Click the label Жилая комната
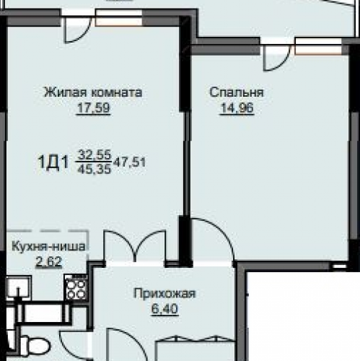(93, 92)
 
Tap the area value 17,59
(93, 108)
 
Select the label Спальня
(237, 92)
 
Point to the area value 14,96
(237, 108)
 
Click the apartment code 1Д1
(53, 162)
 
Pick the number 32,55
(95, 155)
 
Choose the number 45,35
(94, 169)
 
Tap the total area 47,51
(130, 162)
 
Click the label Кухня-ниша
(48, 247)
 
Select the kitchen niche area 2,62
(49, 261)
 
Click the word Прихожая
(165, 294)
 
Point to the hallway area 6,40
(164, 308)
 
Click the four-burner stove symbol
(76, 287)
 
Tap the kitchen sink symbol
(19, 288)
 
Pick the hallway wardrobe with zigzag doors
(195, 348)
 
